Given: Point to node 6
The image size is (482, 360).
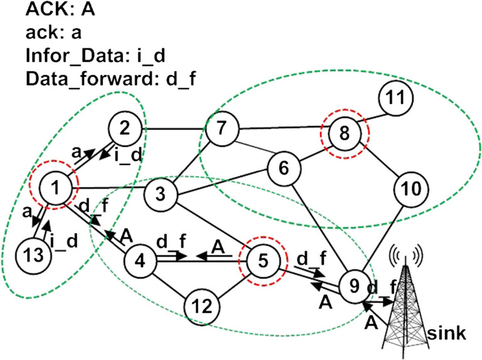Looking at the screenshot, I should click(x=282, y=169).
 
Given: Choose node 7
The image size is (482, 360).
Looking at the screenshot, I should click(x=220, y=131).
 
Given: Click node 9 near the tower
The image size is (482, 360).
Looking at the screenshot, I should click(x=354, y=285).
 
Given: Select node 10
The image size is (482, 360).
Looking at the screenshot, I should click(x=412, y=188).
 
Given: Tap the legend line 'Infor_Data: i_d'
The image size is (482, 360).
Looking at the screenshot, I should click(x=86, y=56).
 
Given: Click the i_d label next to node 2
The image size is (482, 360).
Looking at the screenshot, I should click(x=127, y=157).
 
